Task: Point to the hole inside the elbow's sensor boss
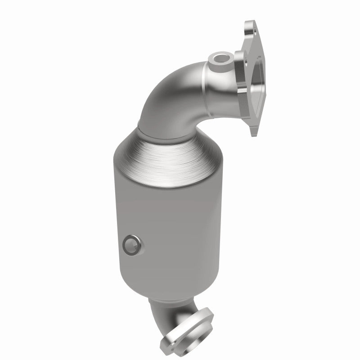tap(219, 58)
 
